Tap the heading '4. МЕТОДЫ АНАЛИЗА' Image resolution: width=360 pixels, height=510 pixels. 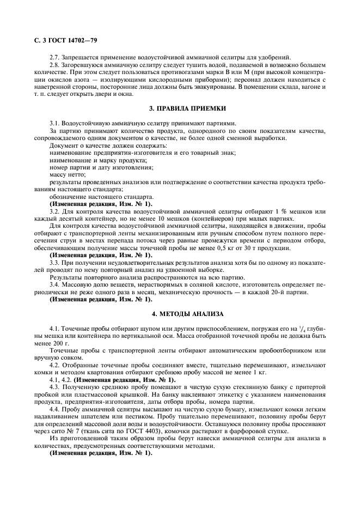click(179, 313)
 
